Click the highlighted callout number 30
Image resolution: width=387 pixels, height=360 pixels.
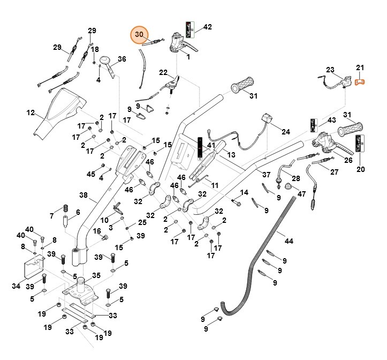139,35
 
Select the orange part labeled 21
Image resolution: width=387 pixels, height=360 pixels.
360,81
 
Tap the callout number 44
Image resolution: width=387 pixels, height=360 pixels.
289,242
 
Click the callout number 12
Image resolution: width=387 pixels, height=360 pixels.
31,113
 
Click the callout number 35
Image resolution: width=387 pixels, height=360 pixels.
96,275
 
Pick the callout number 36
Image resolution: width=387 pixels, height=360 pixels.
122,59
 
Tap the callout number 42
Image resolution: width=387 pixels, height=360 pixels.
208,27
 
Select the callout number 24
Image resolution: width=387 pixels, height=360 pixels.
285,131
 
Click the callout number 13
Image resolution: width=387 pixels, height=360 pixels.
231,154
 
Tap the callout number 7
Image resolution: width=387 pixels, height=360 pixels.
52,216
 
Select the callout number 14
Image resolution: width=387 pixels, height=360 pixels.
244,192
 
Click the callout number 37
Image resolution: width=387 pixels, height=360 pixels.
266,175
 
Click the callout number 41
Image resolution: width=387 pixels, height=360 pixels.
211,145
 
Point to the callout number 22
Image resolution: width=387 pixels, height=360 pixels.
163,72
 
